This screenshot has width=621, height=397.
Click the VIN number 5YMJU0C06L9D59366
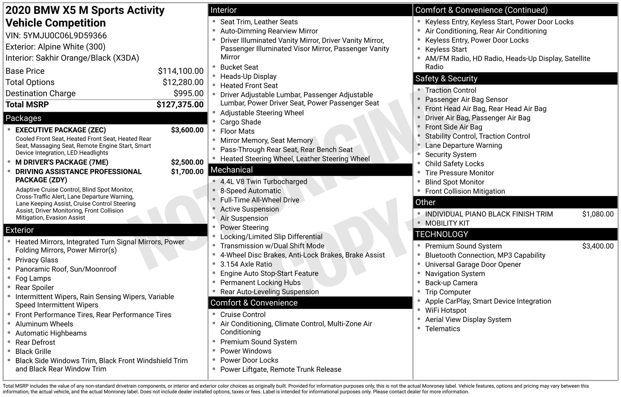[65, 36]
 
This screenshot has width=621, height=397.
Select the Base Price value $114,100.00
[180, 71]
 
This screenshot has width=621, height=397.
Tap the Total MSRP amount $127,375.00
[180, 105]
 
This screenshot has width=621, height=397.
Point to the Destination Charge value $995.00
[188, 93]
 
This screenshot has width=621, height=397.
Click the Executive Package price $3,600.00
[187, 130]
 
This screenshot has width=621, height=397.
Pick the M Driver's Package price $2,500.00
[187, 162]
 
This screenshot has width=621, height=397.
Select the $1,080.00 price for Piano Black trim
[597, 214]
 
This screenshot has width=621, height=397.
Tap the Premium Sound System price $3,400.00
[597, 246]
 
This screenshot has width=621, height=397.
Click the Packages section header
[24, 118]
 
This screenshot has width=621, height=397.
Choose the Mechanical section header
[232, 170]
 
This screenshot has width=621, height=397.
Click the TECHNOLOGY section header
[441, 234]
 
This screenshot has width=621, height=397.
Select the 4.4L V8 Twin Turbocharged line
[264, 182]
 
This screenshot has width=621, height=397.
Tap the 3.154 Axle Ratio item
[246, 264]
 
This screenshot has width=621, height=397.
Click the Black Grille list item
[33, 351]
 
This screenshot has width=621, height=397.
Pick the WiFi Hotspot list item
[446, 310]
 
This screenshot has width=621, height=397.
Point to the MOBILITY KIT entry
[447, 223]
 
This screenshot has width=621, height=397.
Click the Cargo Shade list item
[240, 122]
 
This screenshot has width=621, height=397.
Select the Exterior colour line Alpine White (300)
[56, 47]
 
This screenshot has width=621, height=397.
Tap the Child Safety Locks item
[454, 164]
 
